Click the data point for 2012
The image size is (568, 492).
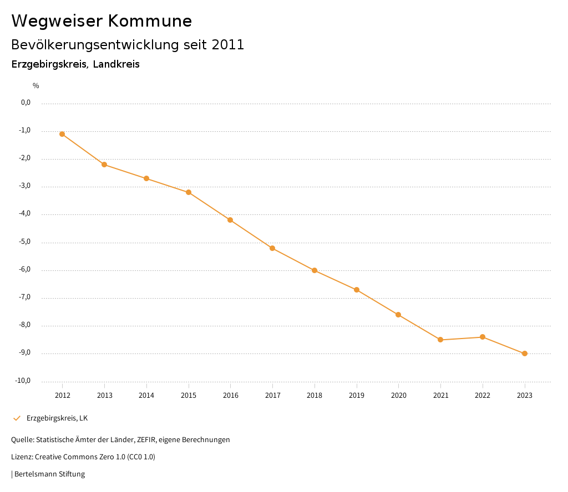62,134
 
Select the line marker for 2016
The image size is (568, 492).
230,220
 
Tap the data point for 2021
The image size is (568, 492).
440,340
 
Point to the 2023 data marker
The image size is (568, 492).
525,353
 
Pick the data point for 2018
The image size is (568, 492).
315,270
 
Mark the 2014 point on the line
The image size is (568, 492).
146,178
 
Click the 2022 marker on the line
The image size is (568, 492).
483,337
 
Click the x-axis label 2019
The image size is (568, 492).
357,395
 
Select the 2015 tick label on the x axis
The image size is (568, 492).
189,395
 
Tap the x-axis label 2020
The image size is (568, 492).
398,395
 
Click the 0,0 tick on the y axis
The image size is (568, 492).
26,102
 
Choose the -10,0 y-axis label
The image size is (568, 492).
23,381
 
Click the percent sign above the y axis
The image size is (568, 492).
36,85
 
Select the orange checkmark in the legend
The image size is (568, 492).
17,418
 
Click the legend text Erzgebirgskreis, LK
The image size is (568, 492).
57,418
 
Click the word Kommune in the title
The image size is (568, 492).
150,21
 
